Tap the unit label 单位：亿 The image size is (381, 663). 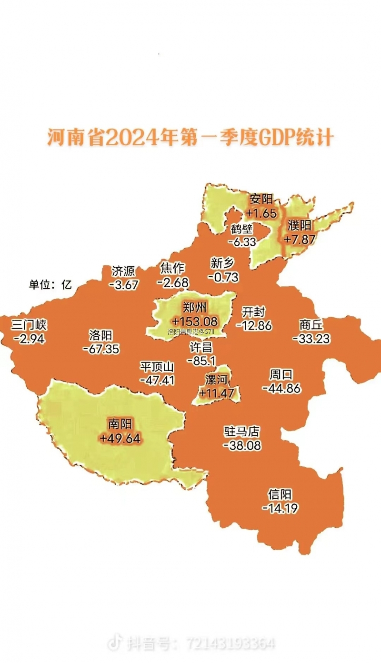[50, 285]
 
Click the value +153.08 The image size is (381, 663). [195, 321]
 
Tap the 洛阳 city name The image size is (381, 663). [100, 335]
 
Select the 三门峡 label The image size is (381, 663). [29, 325]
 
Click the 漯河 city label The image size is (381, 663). [217, 380]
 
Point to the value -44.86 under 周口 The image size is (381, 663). [281, 388]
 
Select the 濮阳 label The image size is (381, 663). [299, 225]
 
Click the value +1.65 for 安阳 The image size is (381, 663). [261, 212]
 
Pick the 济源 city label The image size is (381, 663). [123, 271]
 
